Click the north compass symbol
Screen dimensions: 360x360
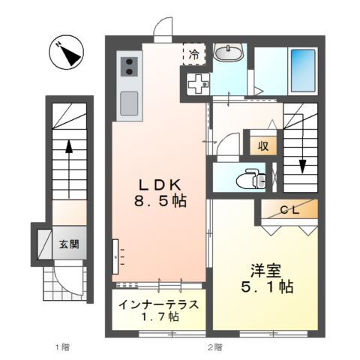[x=66, y=53]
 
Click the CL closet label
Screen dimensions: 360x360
[x=289, y=210]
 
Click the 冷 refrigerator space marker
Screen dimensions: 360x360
[x=193, y=54]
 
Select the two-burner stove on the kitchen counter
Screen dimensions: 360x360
[x=127, y=65]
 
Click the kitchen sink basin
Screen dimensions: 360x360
[x=128, y=100]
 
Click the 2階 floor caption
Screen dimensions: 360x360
[x=214, y=346]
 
